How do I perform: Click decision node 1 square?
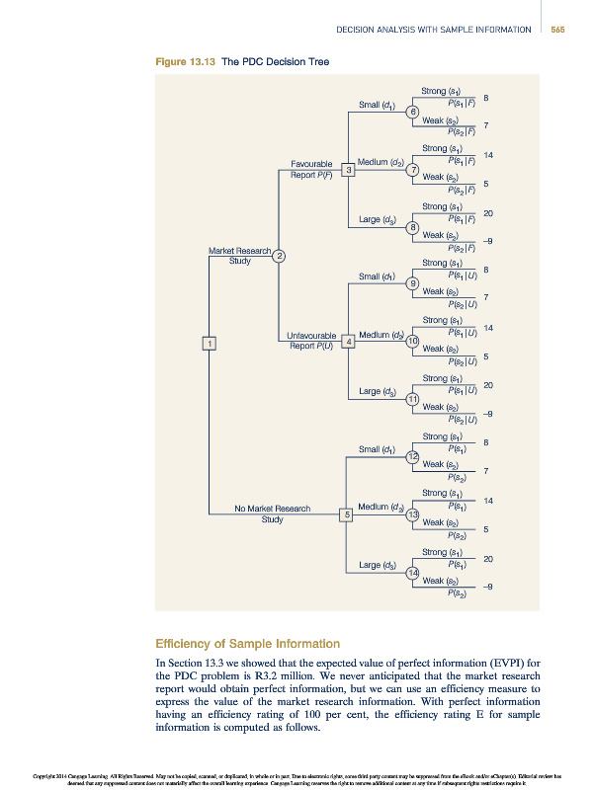pyautogui.click(x=210, y=342)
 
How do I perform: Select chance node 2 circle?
pyautogui.click(x=280, y=257)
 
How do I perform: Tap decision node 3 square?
pyautogui.click(x=348, y=171)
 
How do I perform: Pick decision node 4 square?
pyautogui.click(x=348, y=342)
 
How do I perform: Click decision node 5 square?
pyautogui.click(x=347, y=513)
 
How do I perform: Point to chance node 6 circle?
pyautogui.click(x=413, y=112)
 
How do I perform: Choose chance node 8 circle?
pyautogui.click(x=413, y=228)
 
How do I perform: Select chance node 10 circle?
pyautogui.click(x=413, y=342)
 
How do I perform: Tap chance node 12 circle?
pyautogui.click(x=413, y=455)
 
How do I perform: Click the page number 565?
pyautogui.click(x=557, y=29)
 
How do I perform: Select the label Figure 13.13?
pyautogui.click(x=185, y=61)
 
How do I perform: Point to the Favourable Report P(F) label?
pyautogui.click(x=311, y=169)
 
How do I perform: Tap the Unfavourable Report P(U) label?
pyautogui.click(x=311, y=341)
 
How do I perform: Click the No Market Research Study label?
pyautogui.click(x=273, y=513)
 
